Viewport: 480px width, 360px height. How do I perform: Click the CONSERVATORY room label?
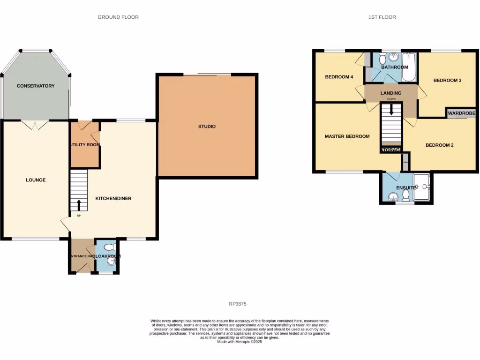coord(36,86)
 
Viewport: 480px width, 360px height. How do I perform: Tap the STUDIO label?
coord(207,127)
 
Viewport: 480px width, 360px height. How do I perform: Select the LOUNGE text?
coord(36,180)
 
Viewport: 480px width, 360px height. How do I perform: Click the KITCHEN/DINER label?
coord(113,198)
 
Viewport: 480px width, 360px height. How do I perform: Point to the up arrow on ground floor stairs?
coord(78,205)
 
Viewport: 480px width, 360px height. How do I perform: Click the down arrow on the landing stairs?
coord(391,110)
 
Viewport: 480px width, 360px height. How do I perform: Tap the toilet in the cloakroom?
coord(109,247)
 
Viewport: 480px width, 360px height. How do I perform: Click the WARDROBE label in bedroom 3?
coord(461,113)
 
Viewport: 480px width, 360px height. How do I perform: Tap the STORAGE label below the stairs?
coord(391,150)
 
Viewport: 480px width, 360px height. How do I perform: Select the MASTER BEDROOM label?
coord(347,136)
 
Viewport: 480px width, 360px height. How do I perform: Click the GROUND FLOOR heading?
coord(118,17)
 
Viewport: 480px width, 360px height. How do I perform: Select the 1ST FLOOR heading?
coord(382,17)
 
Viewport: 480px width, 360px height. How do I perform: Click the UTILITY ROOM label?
coord(85,144)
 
